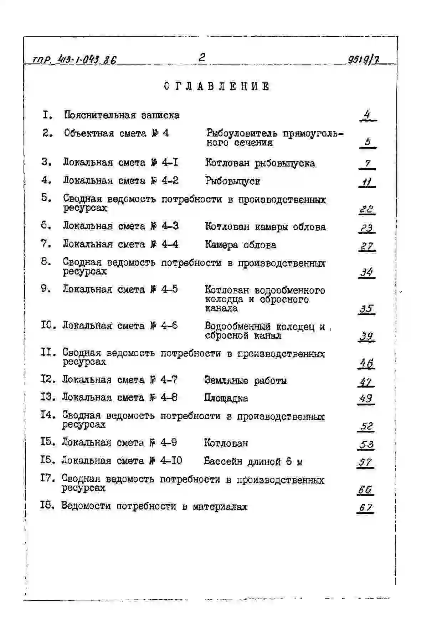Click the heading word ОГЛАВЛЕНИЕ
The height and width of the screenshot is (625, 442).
(x=217, y=87)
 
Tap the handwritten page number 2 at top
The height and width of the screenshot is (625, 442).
(x=202, y=57)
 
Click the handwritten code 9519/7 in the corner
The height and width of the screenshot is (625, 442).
(x=363, y=59)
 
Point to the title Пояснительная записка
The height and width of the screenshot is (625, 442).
(x=122, y=115)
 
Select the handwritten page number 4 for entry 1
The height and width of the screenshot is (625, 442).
(x=367, y=115)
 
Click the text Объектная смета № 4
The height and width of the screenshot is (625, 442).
(x=116, y=133)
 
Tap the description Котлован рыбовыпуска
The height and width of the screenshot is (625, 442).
(x=260, y=163)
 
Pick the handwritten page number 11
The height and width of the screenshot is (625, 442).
(x=367, y=183)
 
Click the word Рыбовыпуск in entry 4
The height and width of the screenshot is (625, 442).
(x=232, y=181)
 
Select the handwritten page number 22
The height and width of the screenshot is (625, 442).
(x=366, y=209)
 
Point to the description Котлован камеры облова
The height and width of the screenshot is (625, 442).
(x=265, y=227)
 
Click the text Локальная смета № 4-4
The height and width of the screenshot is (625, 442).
(x=120, y=244)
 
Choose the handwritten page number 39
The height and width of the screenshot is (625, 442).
(x=366, y=336)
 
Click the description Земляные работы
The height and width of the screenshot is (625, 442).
(x=245, y=380)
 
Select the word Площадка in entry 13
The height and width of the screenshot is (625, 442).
(x=226, y=398)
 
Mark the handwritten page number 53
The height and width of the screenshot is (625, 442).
(x=366, y=445)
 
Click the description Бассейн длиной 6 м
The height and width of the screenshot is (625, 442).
(x=253, y=462)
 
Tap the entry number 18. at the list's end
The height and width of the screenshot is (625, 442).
(x=47, y=506)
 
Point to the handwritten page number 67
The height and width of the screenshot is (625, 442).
(x=365, y=507)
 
